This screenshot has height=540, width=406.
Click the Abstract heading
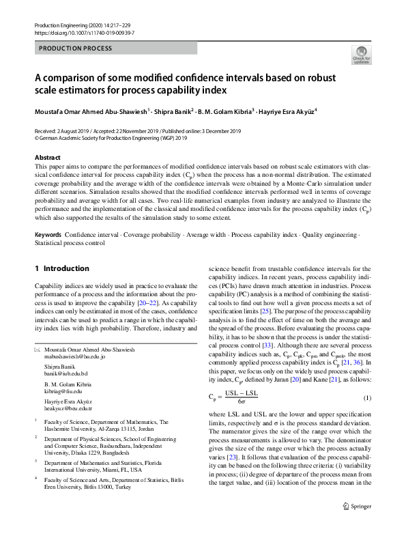(x=47, y=157)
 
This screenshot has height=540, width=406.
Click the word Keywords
(x=48, y=234)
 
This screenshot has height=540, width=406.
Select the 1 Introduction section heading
(x=62, y=269)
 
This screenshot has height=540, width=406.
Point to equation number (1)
(x=366, y=397)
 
